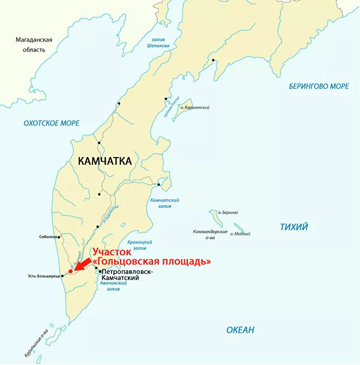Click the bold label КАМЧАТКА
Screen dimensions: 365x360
(104, 161)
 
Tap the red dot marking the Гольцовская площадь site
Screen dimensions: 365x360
(70, 271)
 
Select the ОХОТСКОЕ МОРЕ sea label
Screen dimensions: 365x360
(51, 123)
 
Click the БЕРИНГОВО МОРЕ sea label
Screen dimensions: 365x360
(319, 86)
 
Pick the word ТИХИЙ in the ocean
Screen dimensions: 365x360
(294, 227)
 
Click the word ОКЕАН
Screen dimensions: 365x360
(240, 330)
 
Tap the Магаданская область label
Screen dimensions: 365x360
(34, 44)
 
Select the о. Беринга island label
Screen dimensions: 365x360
(229, 213)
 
